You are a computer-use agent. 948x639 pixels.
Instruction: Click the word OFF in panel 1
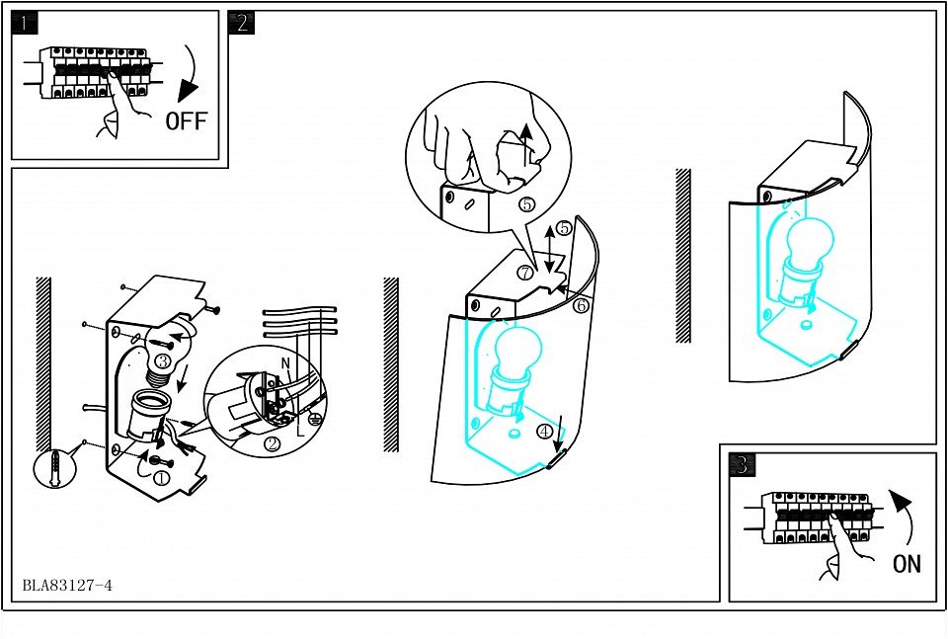coord(187,120)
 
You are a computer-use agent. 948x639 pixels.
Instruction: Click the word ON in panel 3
coord(907,563)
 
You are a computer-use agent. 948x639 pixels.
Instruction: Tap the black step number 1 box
coord(25,24)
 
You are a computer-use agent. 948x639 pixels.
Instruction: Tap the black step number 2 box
coord(241,23)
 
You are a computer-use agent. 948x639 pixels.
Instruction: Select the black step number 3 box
coord(743,464)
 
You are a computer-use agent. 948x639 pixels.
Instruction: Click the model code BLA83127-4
coord(67,586)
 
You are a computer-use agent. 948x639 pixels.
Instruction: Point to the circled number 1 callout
coord(161,478)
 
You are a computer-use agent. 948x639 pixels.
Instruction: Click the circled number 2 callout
coord(273,444)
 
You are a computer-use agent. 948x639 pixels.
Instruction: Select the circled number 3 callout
coord(162,361)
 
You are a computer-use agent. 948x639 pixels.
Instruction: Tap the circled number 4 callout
coord(545,431)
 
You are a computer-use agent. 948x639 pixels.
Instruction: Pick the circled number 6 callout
coord(581,305)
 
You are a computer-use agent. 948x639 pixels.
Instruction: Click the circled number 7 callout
coord(525,273)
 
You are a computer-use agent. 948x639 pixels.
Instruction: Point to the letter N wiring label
coord(286,362)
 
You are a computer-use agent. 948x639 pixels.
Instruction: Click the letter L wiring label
coord(300,431)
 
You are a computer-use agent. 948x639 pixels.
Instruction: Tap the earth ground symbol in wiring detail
coord(314,417)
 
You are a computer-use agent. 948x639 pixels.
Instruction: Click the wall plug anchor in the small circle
coord(55,467)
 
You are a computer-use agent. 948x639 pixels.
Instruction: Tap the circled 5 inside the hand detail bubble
coord(526,205)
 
